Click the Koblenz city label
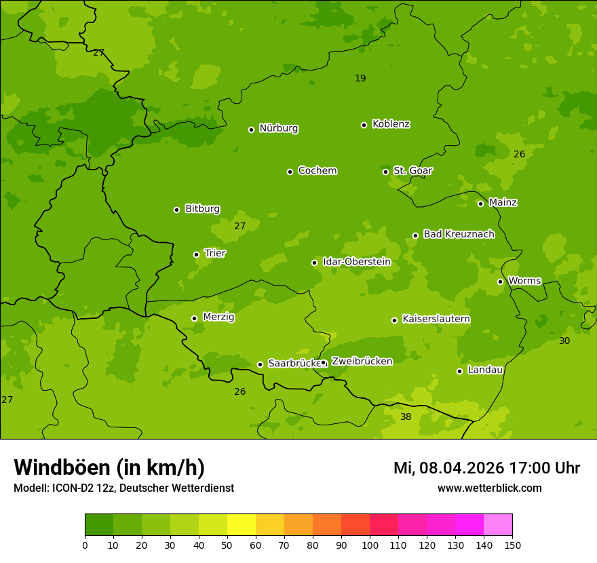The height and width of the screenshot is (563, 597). (x=391, y=124)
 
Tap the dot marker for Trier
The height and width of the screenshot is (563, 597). (x=197, y=254)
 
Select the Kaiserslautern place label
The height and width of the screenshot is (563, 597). (x=436, y=319)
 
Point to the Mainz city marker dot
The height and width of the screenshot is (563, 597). (x=480, y=203)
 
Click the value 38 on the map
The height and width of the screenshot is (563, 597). (x=406, y=416)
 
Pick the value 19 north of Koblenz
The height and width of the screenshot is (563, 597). (x=360, y=78)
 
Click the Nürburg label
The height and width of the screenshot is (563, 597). (x=278, y=128)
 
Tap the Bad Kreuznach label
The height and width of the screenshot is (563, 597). (x=459, y=234)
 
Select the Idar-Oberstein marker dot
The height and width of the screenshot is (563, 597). (x=314, y=263)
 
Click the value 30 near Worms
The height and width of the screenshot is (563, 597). (x=564, y=341)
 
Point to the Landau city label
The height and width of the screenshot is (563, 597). (x=485, y=370)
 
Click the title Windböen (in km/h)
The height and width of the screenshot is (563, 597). (x=109, y=467)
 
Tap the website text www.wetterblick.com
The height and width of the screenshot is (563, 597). (x=489, y=488)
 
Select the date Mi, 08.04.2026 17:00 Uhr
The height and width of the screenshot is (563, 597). (x=486, y=468)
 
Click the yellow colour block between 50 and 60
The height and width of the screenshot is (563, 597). (x=242, y=525)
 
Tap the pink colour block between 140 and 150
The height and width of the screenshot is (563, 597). (x=498, y=525)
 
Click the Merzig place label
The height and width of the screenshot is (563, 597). (x=218, y=317)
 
